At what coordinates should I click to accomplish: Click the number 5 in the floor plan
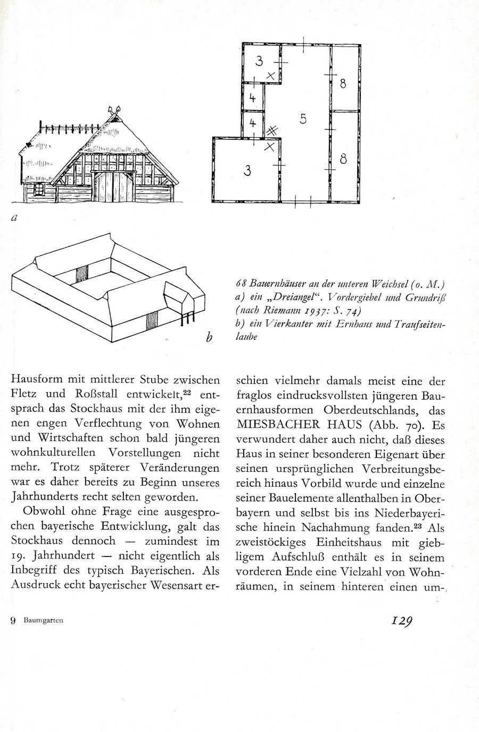[303, 119]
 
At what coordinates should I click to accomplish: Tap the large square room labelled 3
[246, 170]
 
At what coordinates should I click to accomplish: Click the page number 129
[402, 620]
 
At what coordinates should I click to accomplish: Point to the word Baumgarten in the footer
[43, 620]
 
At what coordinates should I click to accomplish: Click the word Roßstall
[93, 394]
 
